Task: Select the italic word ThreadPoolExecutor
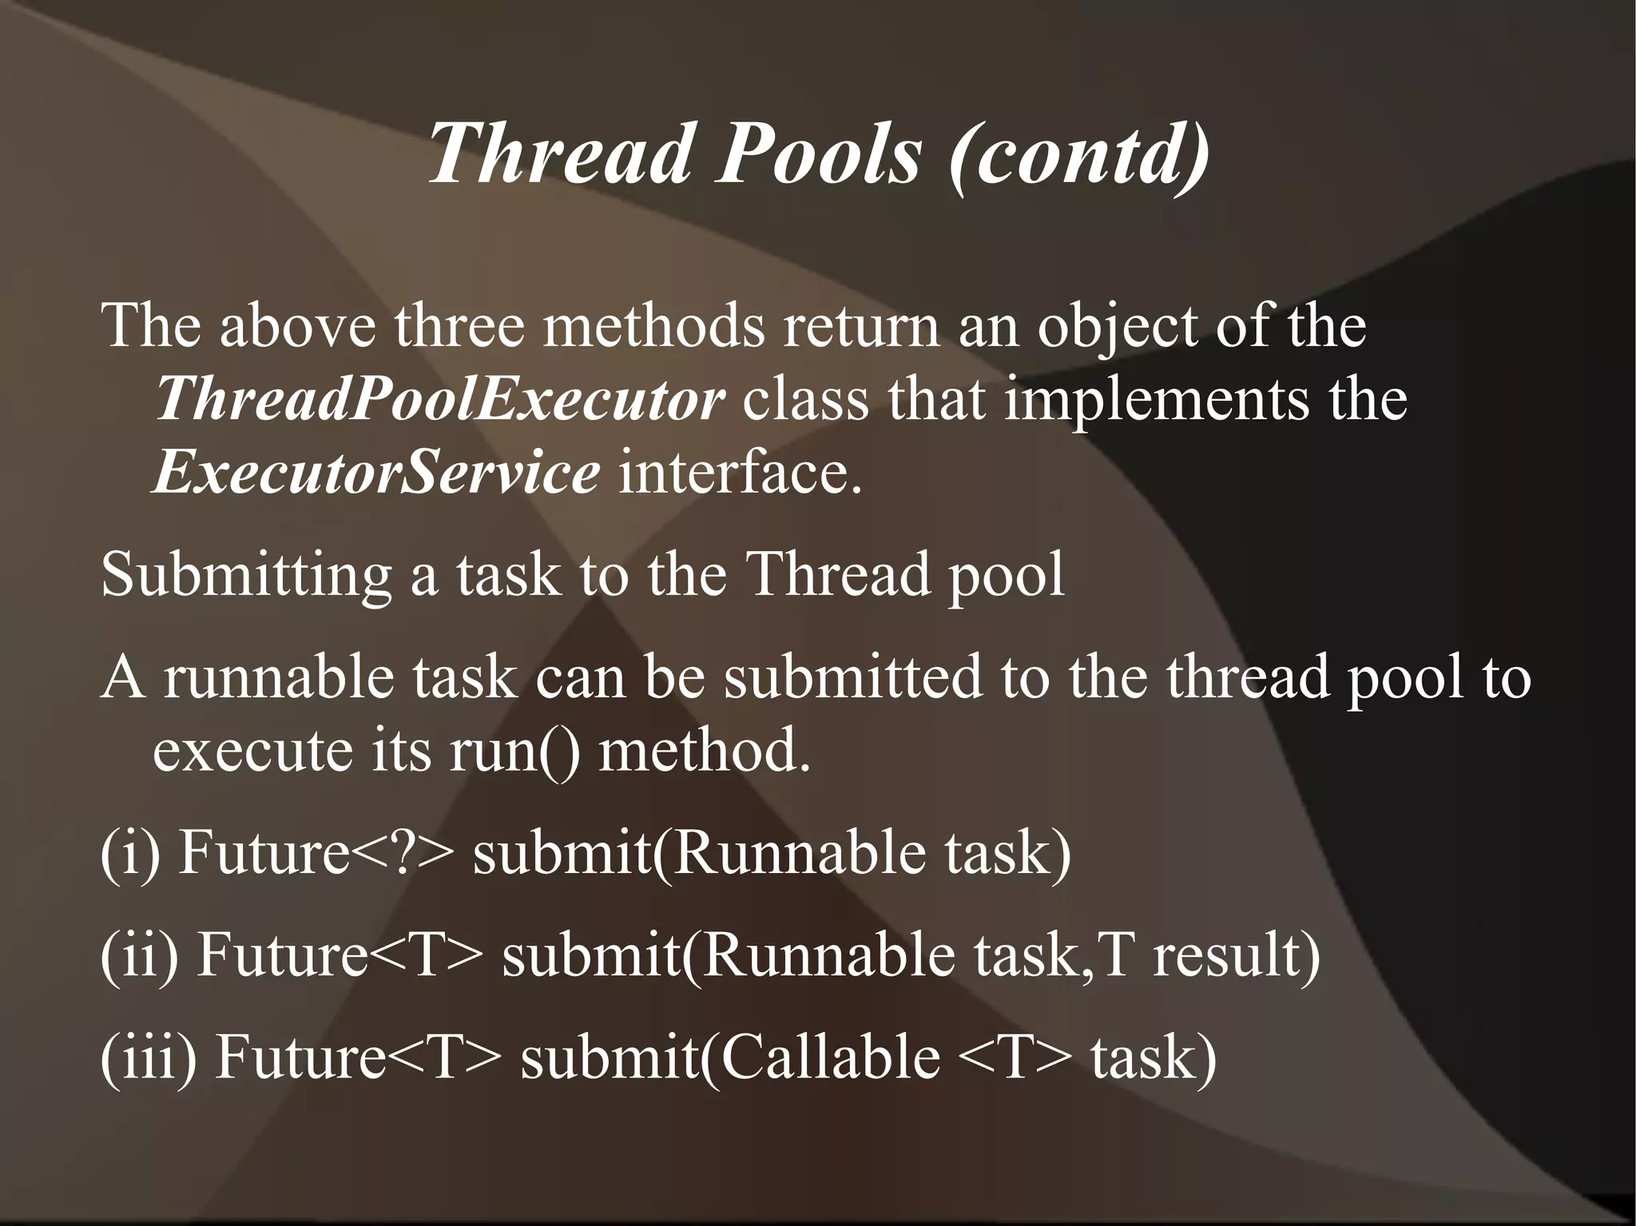coord(439,399)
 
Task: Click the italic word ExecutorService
coord(375,472)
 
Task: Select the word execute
coord(252,751)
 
